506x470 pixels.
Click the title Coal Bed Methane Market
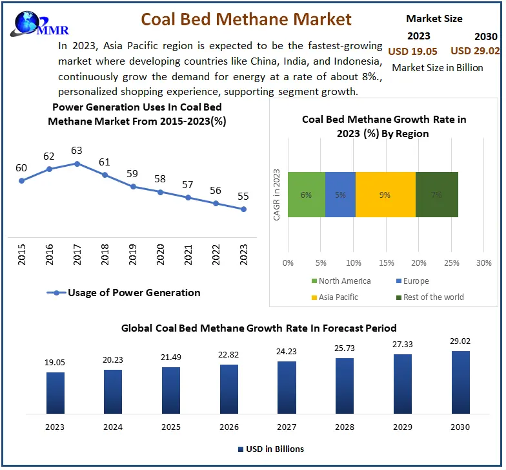[246, 19]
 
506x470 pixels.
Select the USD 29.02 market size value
[474, 50]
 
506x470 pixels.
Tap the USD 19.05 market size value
[412, 50]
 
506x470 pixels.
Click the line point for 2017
[77, 164]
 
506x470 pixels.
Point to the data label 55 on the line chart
[243, 196]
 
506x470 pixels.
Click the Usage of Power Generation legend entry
[125, 292]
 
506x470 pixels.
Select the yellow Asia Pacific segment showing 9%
[385, 195]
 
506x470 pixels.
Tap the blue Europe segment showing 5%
[340, 195]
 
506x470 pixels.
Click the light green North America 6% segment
[307, 195]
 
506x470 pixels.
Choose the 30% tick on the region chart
[483, 263]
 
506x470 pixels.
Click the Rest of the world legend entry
[433, 297]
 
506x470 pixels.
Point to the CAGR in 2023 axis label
[276, 195]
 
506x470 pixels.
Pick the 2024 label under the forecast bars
[113, 427]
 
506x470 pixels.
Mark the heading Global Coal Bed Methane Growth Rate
[259, 328]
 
